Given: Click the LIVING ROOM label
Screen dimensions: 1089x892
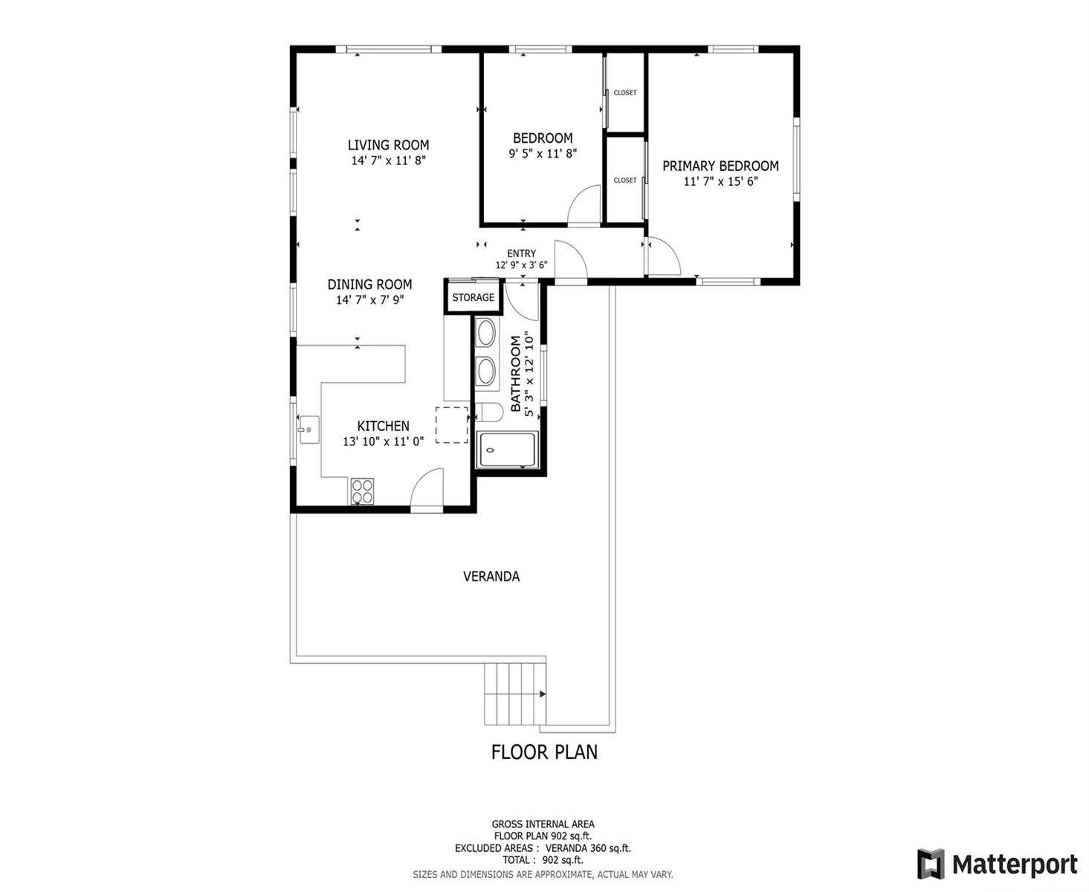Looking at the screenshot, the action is tap(388, 145).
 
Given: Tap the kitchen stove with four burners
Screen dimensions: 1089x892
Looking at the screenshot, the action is tap(362, 491).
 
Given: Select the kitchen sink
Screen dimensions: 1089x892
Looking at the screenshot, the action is tap(308, 429).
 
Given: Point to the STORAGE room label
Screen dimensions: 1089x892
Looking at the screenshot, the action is tap(473, 297).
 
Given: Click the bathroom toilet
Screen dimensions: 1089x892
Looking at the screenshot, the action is tap(489, 412).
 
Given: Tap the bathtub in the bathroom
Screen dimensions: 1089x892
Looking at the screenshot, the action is tap(508, 450).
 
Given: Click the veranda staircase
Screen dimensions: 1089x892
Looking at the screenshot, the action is tap(514, 694).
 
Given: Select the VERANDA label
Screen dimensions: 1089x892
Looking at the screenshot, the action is tap(491, 576).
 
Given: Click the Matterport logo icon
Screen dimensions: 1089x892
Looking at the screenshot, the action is tap(931, 864).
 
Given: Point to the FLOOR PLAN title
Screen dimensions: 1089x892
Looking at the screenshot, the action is tap(544, 752).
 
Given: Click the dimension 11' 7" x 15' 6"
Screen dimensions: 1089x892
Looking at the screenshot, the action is tap(720, 181).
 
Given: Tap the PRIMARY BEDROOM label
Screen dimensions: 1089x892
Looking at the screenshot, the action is tap(720, 167).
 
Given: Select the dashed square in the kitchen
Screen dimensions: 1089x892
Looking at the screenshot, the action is tap(452, 425).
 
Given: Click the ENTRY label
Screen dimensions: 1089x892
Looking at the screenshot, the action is tap(521, 253).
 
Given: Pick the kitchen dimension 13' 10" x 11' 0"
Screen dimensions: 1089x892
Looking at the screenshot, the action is tap(383, 441).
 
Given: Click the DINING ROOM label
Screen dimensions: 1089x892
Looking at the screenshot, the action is tap(369, 285).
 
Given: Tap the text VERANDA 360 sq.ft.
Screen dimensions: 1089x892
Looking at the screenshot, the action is tap(588, 848).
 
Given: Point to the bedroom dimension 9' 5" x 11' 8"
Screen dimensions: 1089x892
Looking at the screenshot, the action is tap(543, 153).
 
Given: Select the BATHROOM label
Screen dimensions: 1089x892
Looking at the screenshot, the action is tap(515, 373).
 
